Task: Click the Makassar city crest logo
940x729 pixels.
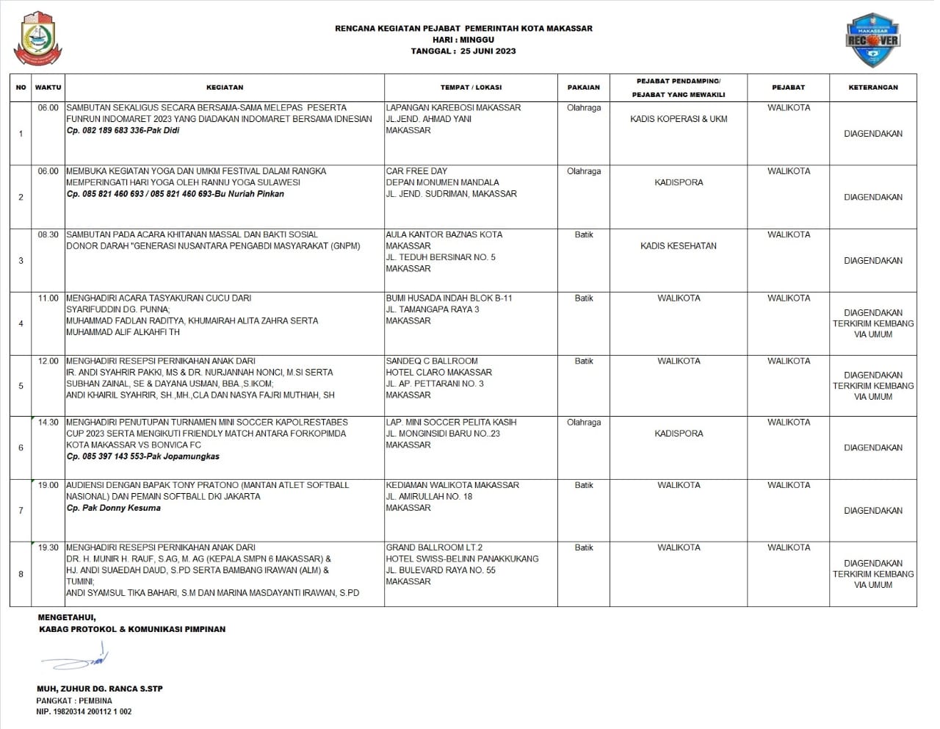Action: tap(37, 38)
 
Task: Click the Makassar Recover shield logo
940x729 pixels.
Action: tap(872, 40)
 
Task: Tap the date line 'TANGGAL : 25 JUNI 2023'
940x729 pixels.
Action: tap(463, 51)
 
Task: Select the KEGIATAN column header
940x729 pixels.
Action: tap(225, 87)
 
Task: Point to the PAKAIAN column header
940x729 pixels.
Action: tap(583, 87)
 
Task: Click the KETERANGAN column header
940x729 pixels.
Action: tap(872, 87)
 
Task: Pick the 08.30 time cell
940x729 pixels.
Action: tap(48, 235)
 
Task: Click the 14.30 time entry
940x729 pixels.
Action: tap(48, 423)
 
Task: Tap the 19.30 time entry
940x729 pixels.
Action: tap(48, 547)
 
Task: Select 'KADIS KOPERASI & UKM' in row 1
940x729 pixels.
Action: tap(679, 119)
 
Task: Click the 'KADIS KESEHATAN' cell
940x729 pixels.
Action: tap(679, 246)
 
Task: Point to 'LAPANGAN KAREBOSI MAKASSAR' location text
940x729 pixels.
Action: tap(453, 108)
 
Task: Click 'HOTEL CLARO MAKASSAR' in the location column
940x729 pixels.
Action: tap(438, 373)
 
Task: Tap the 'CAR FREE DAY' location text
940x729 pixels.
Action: tap(416, 171)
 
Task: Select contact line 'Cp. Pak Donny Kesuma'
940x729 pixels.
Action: tap(113, 508)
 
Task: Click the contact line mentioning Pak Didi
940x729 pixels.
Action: tap(123, 131)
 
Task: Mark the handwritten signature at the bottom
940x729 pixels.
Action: tap(77, 658)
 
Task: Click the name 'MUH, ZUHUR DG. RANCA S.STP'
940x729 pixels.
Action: tap(100, 689)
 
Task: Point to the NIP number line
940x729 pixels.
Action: tap(84, 712)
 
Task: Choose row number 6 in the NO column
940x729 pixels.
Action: tap(21, 448)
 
